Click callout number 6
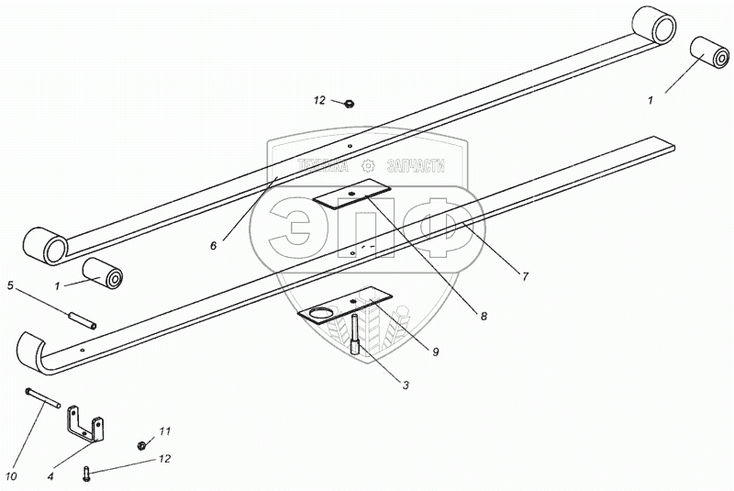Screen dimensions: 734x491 tap(214, 245)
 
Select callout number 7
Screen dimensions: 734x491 tap(526, 274)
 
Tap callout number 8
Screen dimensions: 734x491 tap(484, 316)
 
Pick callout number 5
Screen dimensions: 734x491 tap(11, 285)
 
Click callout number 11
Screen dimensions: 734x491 tap(165, 430)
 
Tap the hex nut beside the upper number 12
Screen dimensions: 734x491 tap(349, 103)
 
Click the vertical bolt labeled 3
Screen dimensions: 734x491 tap(355, 333)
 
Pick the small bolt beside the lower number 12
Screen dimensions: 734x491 tap(87, 473)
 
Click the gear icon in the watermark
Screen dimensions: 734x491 tap(368, 166)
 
